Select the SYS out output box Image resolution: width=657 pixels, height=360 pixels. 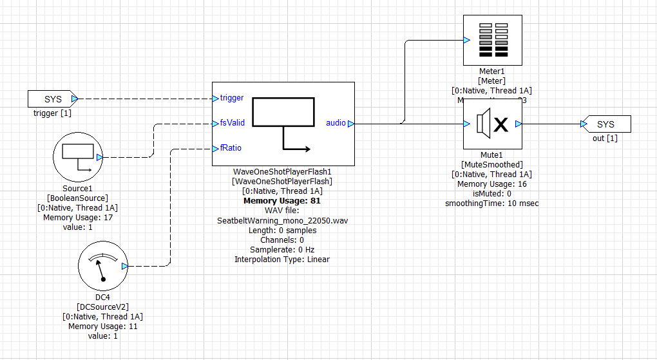pyautogui.click(x=606, y=124)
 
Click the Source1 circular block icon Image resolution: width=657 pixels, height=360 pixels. pyautogui.click(x=77, y=157)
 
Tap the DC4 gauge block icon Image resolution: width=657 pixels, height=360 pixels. pyautogui.click(x=102, y=266)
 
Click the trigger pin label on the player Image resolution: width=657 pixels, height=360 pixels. pyautogui.click(x=232, y=98)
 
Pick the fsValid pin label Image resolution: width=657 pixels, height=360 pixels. pyautogui.click(x=233, y=122)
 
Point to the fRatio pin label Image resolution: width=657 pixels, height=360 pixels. pyautogui.click(x=231, y=147)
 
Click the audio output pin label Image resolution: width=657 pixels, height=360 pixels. pyautogui.click(x=336, y=122)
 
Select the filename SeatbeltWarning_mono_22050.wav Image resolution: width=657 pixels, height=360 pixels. pyautogui.click(x=283, y=220)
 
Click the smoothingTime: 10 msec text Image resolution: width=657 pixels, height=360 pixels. pyautogui.click(x=492, y=204)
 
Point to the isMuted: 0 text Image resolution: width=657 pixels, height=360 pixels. pyautogui.click(x=492, y=194)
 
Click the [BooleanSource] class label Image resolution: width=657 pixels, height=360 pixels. pyautogui.click(x=77, y=198)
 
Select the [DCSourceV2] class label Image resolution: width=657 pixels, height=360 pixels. pyautogui.click(x=102, y=307)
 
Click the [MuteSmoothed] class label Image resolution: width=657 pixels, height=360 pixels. pyautogui.click(x=492, y=165)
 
